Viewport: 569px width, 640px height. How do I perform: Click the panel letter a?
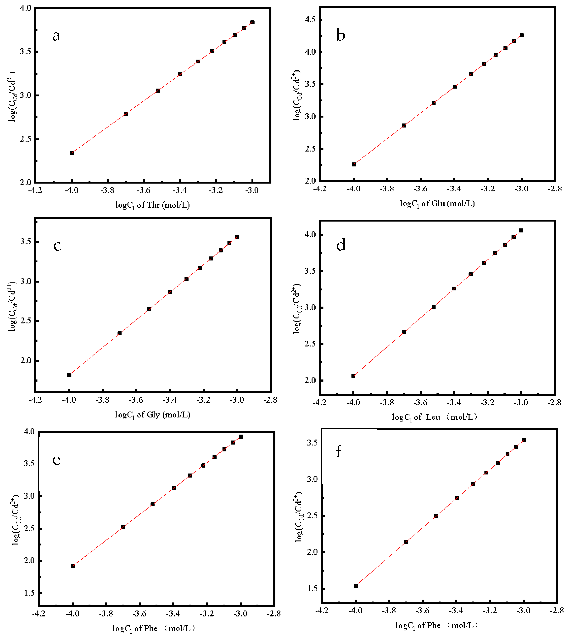pos(56,36)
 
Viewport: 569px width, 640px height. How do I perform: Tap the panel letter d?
pos(341,245)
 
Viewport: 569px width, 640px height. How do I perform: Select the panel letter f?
pos(338,452)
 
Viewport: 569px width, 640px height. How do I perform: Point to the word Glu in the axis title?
pos(438,203)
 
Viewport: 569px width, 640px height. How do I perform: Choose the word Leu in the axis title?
pos(433,417)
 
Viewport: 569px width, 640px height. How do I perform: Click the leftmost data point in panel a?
pos(72,153)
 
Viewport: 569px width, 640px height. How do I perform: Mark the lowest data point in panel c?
pos(69,375)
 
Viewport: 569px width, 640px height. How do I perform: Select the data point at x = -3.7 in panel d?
pos(404,332)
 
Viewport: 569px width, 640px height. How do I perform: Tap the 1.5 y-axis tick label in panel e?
pos(29,593)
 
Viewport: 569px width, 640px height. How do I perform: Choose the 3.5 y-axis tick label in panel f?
pos(312,443)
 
